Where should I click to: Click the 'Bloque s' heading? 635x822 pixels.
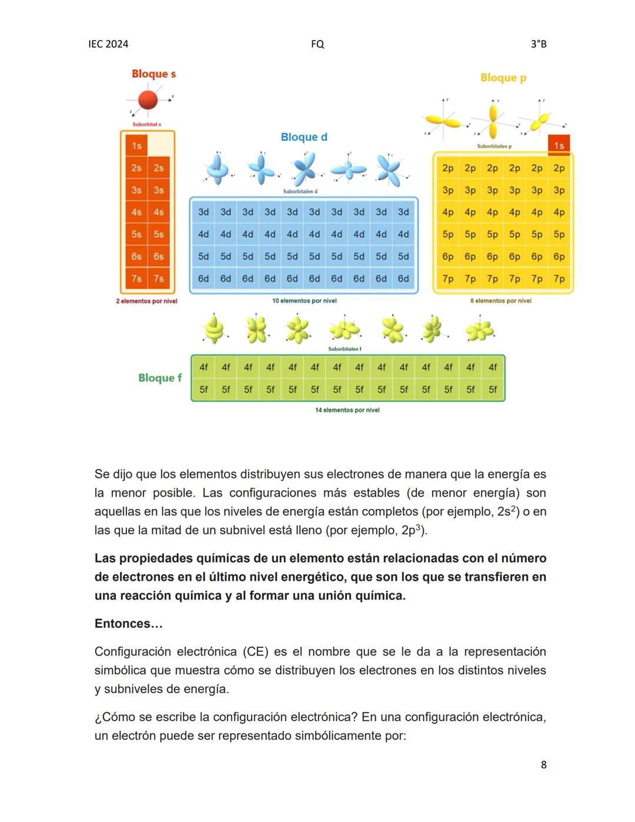(x=153, y=74)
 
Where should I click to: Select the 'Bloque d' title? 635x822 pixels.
(x=304, y=137)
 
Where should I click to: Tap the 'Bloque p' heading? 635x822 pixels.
(x=503, y=78)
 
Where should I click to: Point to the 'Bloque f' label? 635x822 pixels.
(x=160, y=378)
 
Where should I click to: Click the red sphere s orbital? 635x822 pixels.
(x=148, y=99)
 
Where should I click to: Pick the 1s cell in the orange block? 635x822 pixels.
(x=136, y=145)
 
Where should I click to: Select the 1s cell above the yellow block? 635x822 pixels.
(x=559, y=145)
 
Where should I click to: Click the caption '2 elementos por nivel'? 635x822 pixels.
(x=146, y=301)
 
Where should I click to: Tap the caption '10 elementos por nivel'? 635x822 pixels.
(x=304, y=301)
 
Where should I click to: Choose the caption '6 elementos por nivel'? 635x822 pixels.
(x=500, y=301)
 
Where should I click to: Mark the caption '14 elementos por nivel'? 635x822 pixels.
(x=347, y=410)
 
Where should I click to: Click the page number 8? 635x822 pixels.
(x=543, y=765)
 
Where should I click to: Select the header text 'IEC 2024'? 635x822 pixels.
(x=108, y=44)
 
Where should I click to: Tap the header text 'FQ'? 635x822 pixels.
(x=317, y=44)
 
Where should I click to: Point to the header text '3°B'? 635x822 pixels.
(x=539, y=44)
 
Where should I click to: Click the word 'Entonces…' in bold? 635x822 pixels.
(x=128, y=624)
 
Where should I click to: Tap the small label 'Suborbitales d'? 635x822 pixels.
(x=300, y=191)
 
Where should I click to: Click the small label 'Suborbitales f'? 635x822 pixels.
(x=345, y=349)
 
